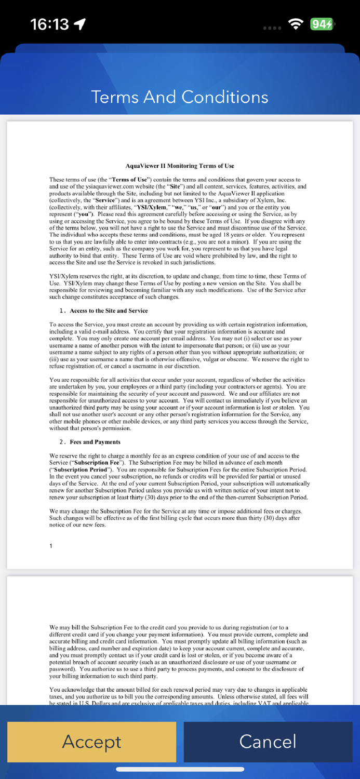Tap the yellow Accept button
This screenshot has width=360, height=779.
(91, 742)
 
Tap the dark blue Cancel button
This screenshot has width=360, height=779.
(268, 742)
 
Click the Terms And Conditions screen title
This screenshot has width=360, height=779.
(180, 97)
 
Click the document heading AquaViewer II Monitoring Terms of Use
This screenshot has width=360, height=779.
(180, 166)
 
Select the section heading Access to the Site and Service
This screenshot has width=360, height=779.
(109, 311)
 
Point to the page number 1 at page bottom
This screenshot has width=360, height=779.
(51, 546)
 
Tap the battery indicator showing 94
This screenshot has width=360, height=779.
(322, 24)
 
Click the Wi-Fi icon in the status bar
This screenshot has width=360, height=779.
(296, 24)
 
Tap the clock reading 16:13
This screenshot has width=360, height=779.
(49, 24)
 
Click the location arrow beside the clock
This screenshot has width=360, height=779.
(80, 24)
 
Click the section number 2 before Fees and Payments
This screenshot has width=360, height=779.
(61, 442)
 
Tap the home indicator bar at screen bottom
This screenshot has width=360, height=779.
(180, 769)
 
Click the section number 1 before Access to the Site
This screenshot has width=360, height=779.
(61, 311)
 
